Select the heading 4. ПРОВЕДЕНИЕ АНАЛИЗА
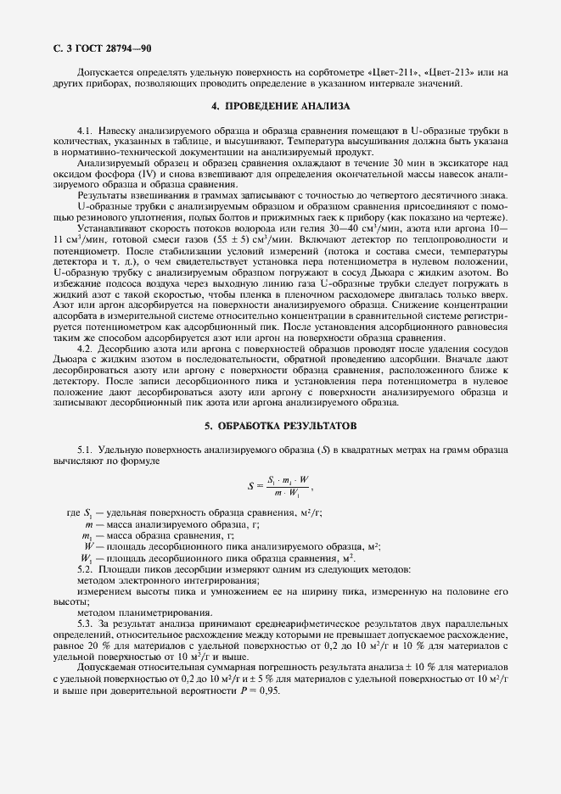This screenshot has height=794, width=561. click(x=280, y=107)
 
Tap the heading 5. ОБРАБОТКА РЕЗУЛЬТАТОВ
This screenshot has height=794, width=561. click(x=280, y=425)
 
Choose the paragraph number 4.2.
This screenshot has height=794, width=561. click(x=85, y=349)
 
